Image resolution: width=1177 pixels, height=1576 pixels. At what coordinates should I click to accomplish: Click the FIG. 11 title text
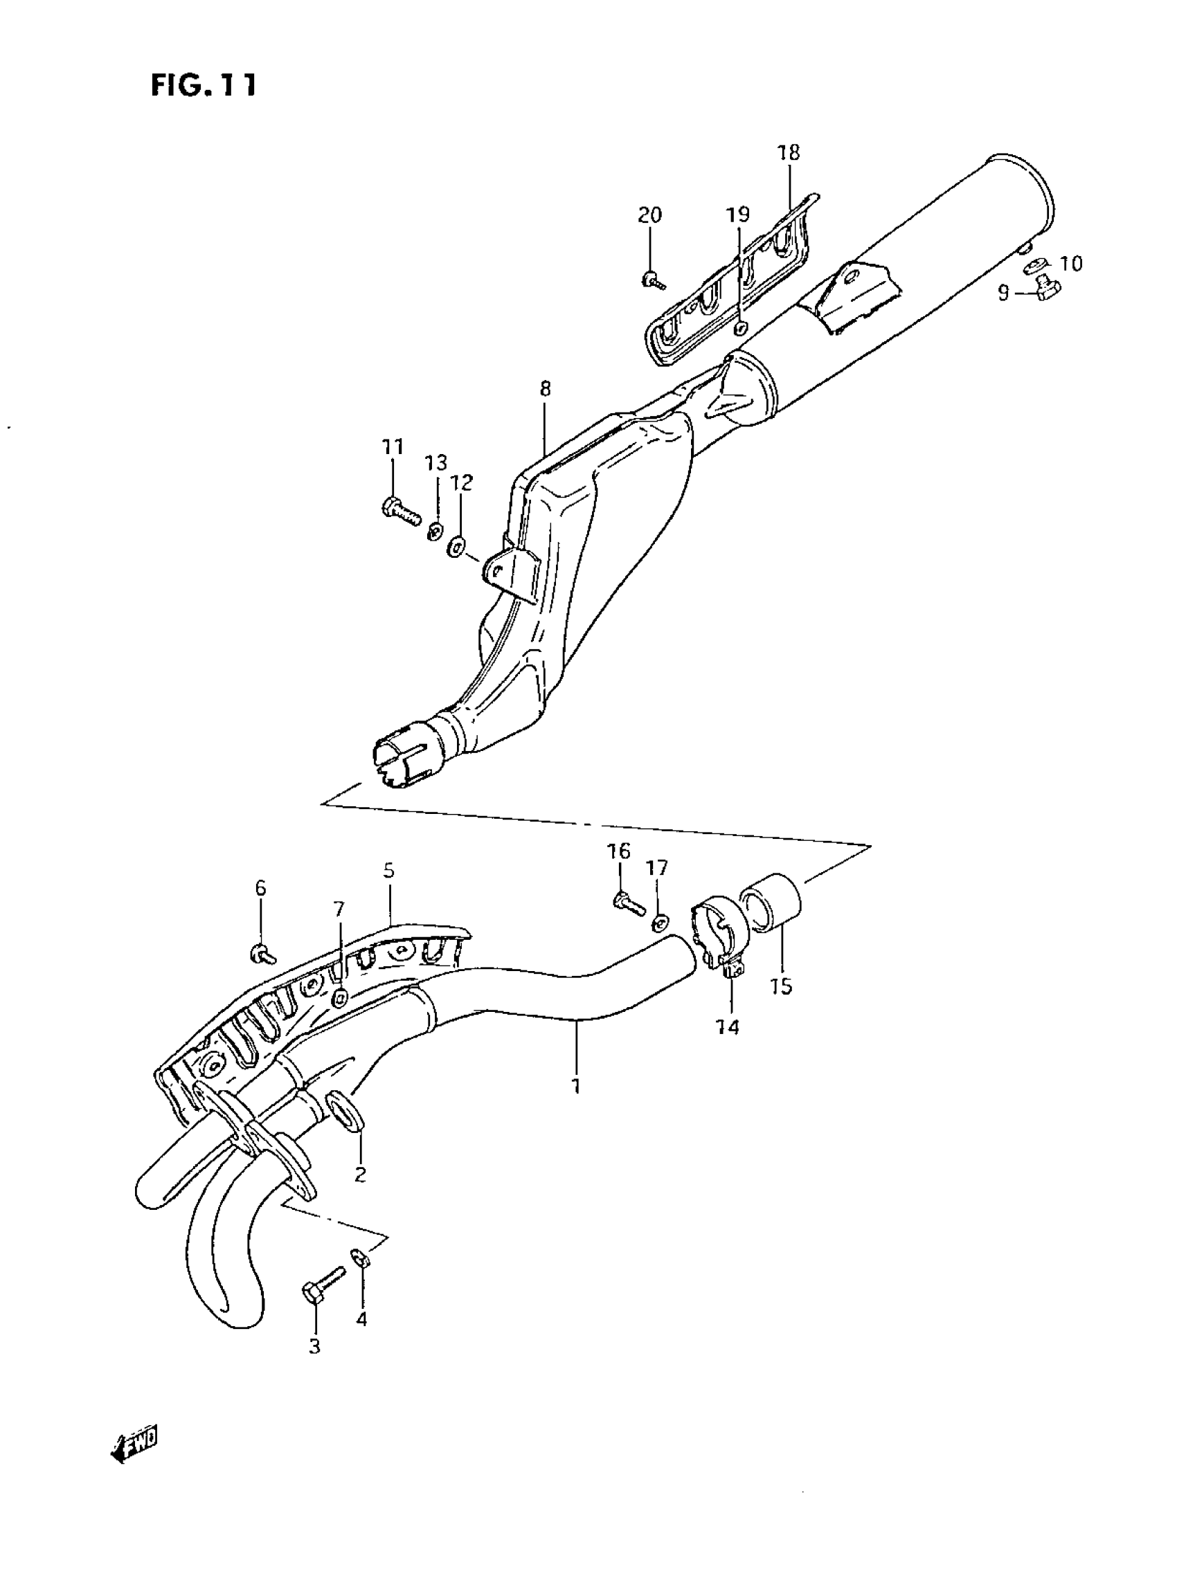tap(203, 85)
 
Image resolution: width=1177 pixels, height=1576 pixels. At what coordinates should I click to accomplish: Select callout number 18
tap(789, 152)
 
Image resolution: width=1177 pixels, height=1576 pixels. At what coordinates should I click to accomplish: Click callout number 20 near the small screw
tap(649, 215)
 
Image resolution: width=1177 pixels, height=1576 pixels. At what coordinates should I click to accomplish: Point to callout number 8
tap(545, 389)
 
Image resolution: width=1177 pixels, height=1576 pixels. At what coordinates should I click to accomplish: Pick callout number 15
tap(782, 987)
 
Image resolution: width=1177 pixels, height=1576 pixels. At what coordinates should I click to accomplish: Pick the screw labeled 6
tap(264, 953)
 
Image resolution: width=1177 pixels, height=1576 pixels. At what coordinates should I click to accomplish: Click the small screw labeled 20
tap(653, 280)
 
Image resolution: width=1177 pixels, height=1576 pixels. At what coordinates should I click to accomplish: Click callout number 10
tap(1071, 264)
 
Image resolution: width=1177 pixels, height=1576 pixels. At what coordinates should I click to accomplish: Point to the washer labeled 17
tap(659, 924)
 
